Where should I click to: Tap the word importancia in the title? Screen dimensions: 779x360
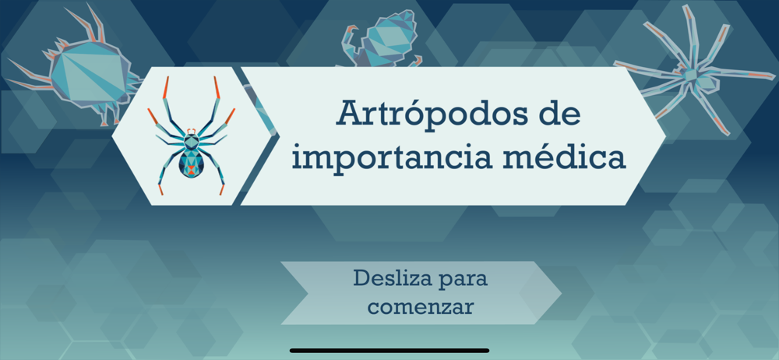click(391, 157)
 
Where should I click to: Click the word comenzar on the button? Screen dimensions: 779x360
click(421, 306)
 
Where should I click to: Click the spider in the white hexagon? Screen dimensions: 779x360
click(192, 136)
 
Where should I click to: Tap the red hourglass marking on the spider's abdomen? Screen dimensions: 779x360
click(192, 170)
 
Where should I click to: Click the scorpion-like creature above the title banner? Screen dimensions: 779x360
click(382, 41)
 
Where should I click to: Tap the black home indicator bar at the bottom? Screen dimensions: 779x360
click(389, 351)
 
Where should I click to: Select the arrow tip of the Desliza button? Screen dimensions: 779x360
click(561, 293)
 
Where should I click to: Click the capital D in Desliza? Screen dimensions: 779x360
click(361, 278)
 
